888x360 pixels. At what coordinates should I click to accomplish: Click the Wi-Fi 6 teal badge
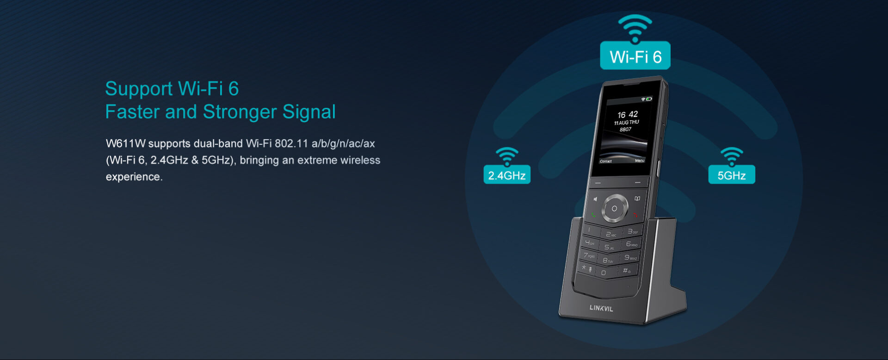[x=635, y=56]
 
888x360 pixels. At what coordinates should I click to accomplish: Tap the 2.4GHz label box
[x=507, y=175]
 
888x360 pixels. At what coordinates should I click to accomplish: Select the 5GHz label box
[x=732, y=175]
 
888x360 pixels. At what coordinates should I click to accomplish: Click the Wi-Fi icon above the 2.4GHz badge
[x=507, y=156]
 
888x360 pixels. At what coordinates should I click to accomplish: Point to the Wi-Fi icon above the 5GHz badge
[x=732, y=156]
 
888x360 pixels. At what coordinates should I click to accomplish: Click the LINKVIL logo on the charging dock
[x=601, y=308]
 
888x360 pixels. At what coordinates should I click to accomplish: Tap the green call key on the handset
[x=593, y=215]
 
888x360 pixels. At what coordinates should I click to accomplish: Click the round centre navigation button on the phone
[x=614, y=209]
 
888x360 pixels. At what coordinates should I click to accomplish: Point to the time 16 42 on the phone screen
[x=628, y=114]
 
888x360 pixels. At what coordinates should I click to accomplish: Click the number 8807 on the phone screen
[x=625, y=130]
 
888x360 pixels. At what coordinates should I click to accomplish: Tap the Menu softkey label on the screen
[x=640, y=161]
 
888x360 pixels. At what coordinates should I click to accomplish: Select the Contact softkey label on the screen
[x=606, y=161]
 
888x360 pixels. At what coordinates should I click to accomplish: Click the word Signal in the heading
[x=309, y=112]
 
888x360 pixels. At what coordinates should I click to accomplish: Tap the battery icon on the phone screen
[x=649, y=99]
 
